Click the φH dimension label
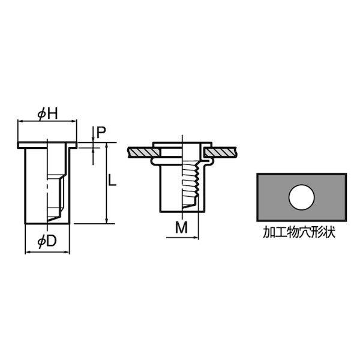tap(47, 113)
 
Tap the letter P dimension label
tap(101, 133)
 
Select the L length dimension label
tap(112, 180)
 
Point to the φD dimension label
tap(47, 242)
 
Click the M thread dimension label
tap(181, 228)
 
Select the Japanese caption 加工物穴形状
tap(299, 232)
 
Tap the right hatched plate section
tap(220, 152)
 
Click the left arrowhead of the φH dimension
tap(20, 121)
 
